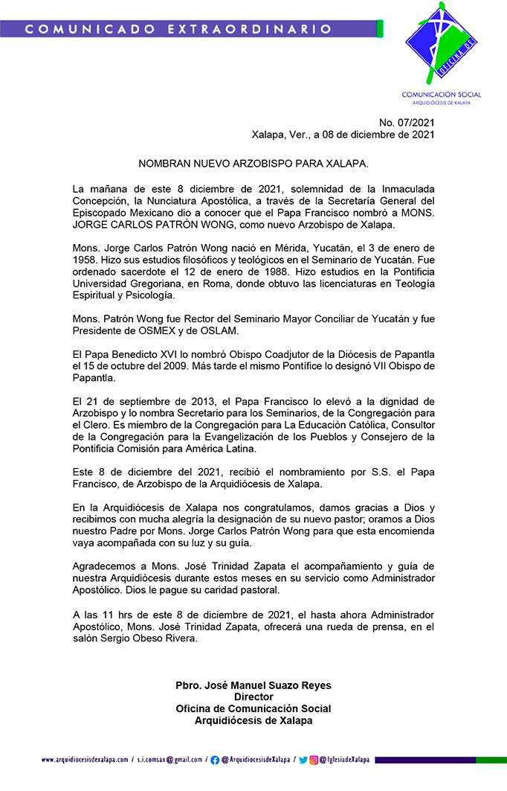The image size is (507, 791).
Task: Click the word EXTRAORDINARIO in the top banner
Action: click(x=262, y=29)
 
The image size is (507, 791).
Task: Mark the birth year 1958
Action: click(x=85, y=260)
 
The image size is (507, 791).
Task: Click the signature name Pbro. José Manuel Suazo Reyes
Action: click(x=253, y=685)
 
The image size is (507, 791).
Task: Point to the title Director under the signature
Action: click(x=253, y=697)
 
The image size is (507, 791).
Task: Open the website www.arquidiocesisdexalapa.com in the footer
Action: click(x=84, y=760)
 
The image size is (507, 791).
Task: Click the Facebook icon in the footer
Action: click(x=215, y=760)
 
